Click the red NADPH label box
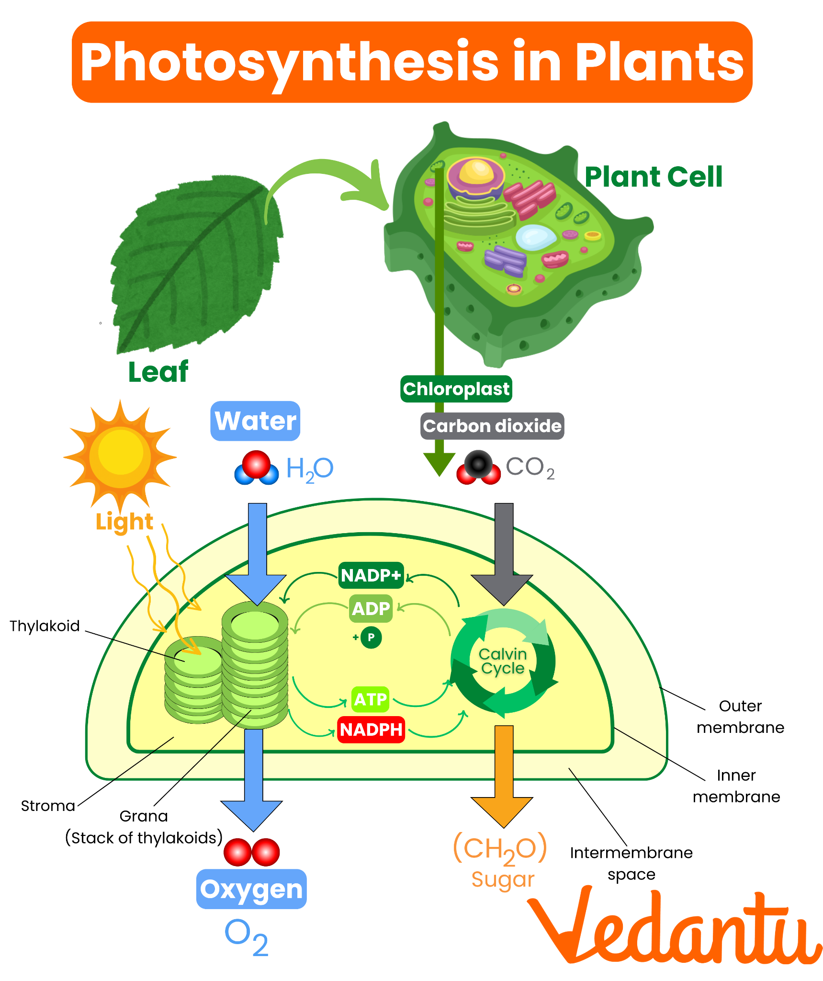tap(371, 729)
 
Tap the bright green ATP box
tap(370, 699)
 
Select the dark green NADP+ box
tap(371, 575)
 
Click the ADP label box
tap(371, 608)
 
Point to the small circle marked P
tap(371, 637)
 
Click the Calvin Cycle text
tap(503, 661)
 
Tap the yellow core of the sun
tap(120, 453)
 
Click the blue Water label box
tap(255, 421)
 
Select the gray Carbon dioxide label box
tap(492, 426)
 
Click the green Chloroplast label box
tap(456, 389)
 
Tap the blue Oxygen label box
tap(251, 889)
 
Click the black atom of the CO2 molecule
tap(478, 463)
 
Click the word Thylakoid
tap(45, 626)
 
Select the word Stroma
tap(48, 806)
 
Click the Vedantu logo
tap(675, 929)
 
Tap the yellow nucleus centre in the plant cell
tap(476, 171)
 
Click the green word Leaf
tap(158, 372)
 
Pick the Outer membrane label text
tap(740, 717)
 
